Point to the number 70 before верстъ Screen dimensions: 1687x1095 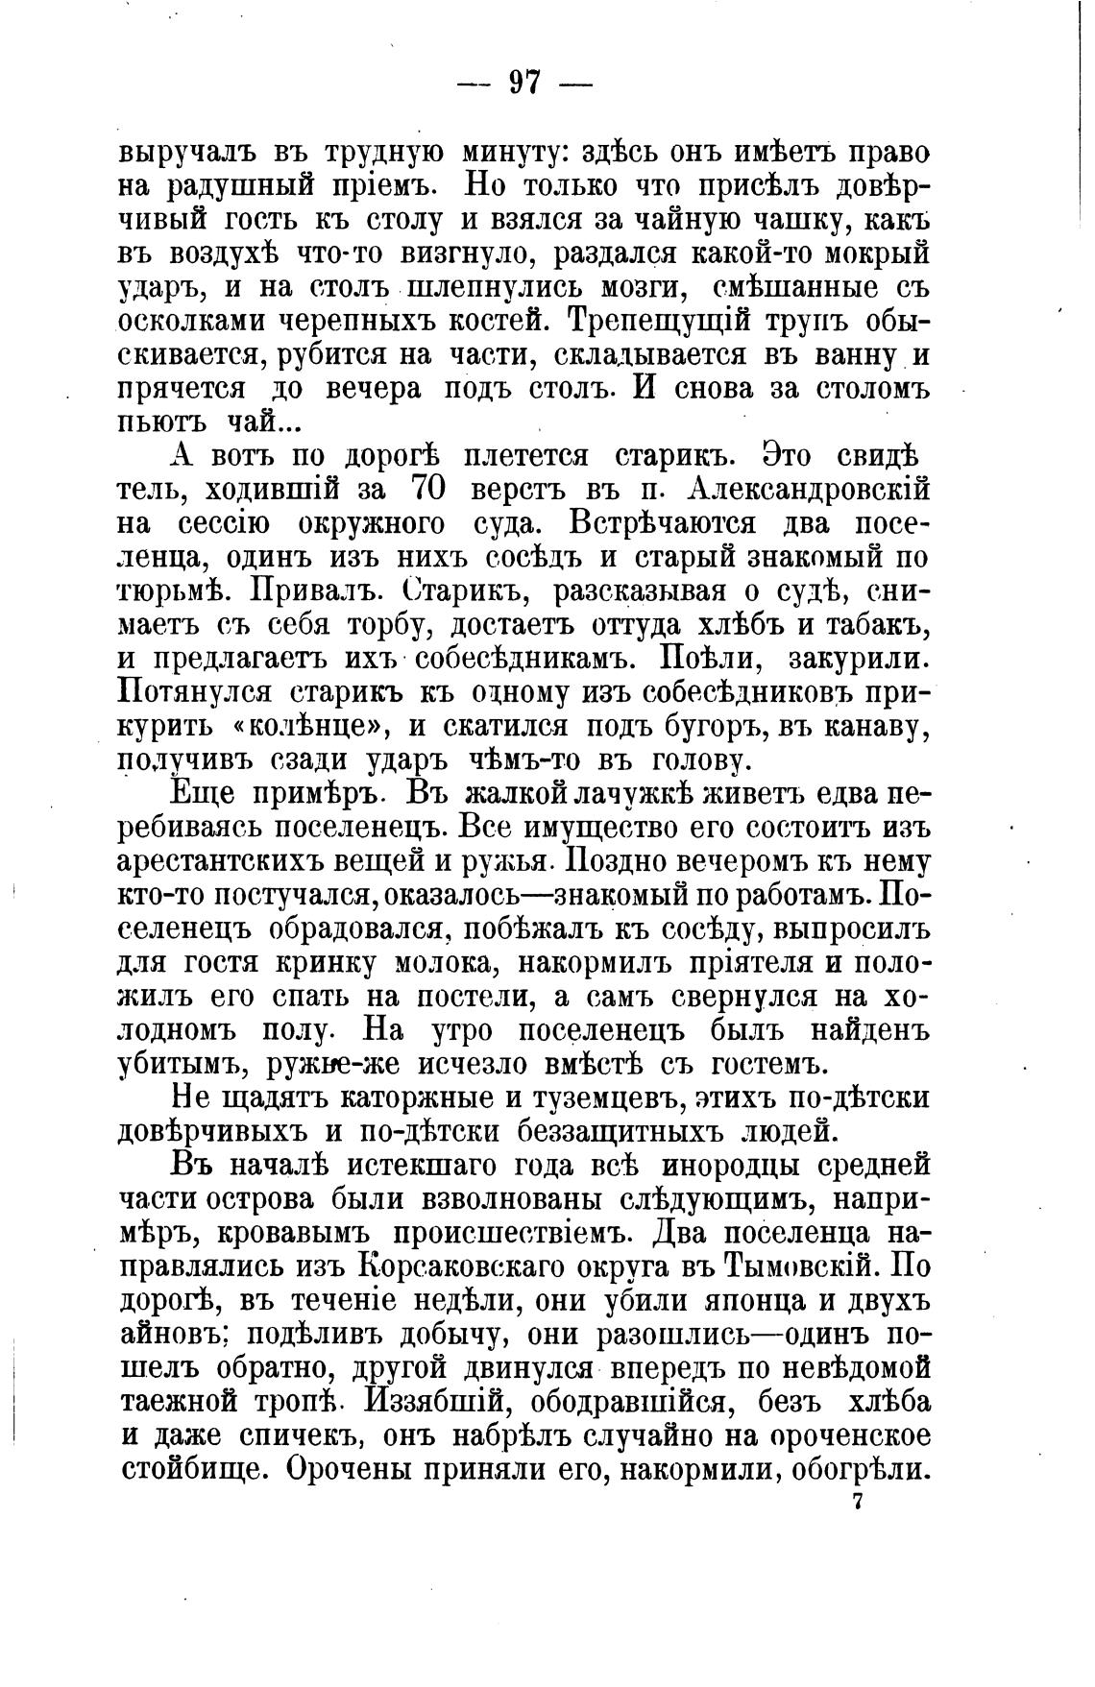(x=427, y=489)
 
